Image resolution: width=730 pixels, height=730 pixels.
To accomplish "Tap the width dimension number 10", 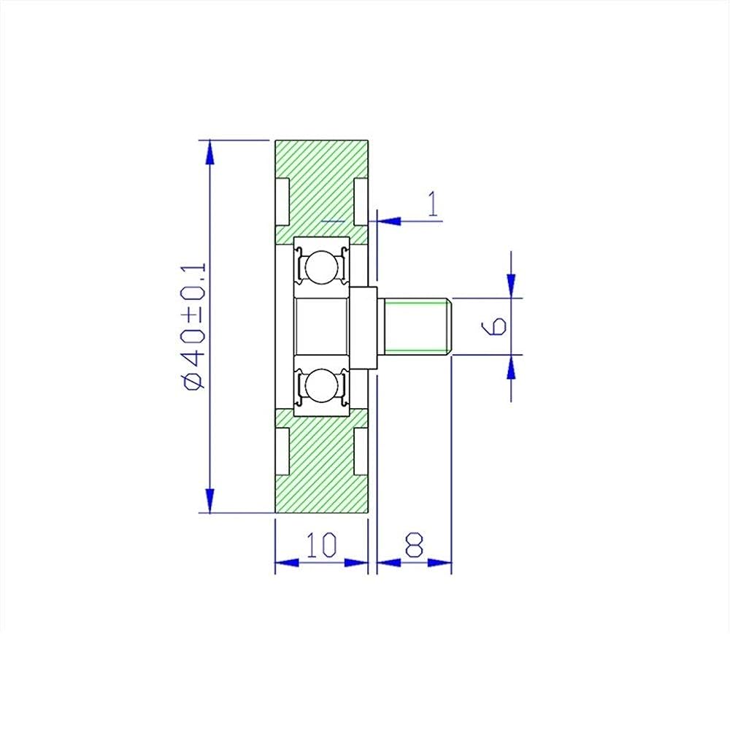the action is coord(322,545).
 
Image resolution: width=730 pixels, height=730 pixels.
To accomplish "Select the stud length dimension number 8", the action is coord(414,545).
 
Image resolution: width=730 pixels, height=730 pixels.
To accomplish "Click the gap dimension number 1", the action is coord(433,204).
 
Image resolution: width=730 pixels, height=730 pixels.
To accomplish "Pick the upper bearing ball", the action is coord(320,266).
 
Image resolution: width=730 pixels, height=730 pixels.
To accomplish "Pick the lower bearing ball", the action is coord(320,385).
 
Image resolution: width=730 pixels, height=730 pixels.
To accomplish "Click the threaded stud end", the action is coord(418,326).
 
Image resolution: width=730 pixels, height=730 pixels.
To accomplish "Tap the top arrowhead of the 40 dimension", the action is coord(210,152).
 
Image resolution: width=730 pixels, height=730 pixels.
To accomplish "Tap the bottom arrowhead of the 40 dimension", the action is coord(210,501).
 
